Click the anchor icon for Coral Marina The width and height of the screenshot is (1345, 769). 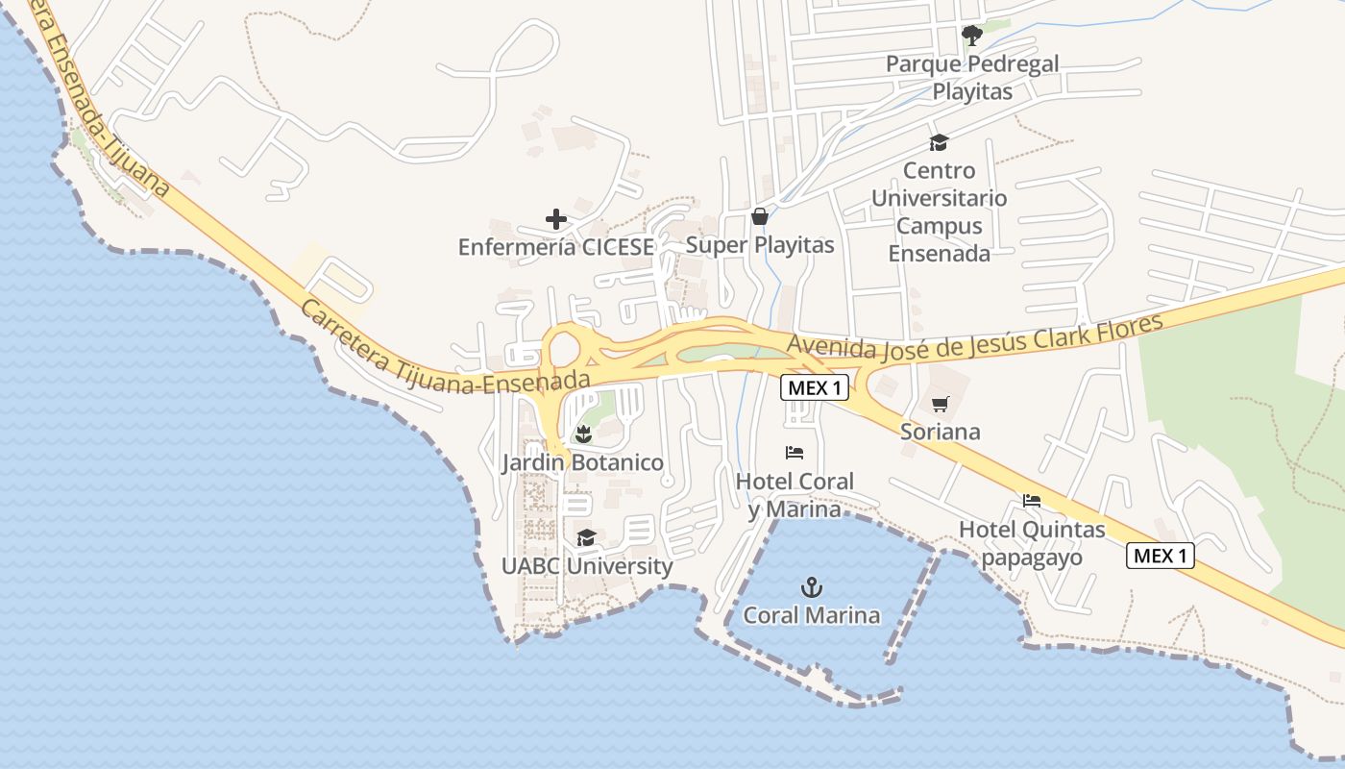click(x=813, y=586)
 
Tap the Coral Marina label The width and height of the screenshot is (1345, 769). click(x=813, y=615)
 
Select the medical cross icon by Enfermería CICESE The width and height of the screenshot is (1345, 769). click(x=556, y=220)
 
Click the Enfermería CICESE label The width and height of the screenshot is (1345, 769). click(x=556, y=247)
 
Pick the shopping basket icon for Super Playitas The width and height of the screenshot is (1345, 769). click(x=759, y=216)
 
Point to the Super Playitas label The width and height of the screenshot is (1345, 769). click(x=760, y=245)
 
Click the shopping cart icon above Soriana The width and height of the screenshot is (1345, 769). click(x=940, y=404)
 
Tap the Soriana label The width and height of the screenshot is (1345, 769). click(x=941, y=432)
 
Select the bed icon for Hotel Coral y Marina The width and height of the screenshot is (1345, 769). click(x=795, y=453)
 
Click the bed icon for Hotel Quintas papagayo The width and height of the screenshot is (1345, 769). click(x=1032, y=501)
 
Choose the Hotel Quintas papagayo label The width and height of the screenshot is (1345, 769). click(x=1032, y=543)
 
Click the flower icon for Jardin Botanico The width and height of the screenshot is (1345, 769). click(x=582, y=434)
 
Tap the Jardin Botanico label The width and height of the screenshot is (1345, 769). click(x=582, y=463)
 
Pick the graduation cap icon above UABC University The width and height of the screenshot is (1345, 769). click(x=586, y=537)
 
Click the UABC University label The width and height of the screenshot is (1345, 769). click(x=587, y=566)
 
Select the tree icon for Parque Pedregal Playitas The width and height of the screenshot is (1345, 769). click(x=972, y=37)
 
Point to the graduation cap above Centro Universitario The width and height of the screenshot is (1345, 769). click(x=939, y=143)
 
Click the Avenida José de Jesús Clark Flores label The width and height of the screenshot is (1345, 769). click(x=974, y=335)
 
